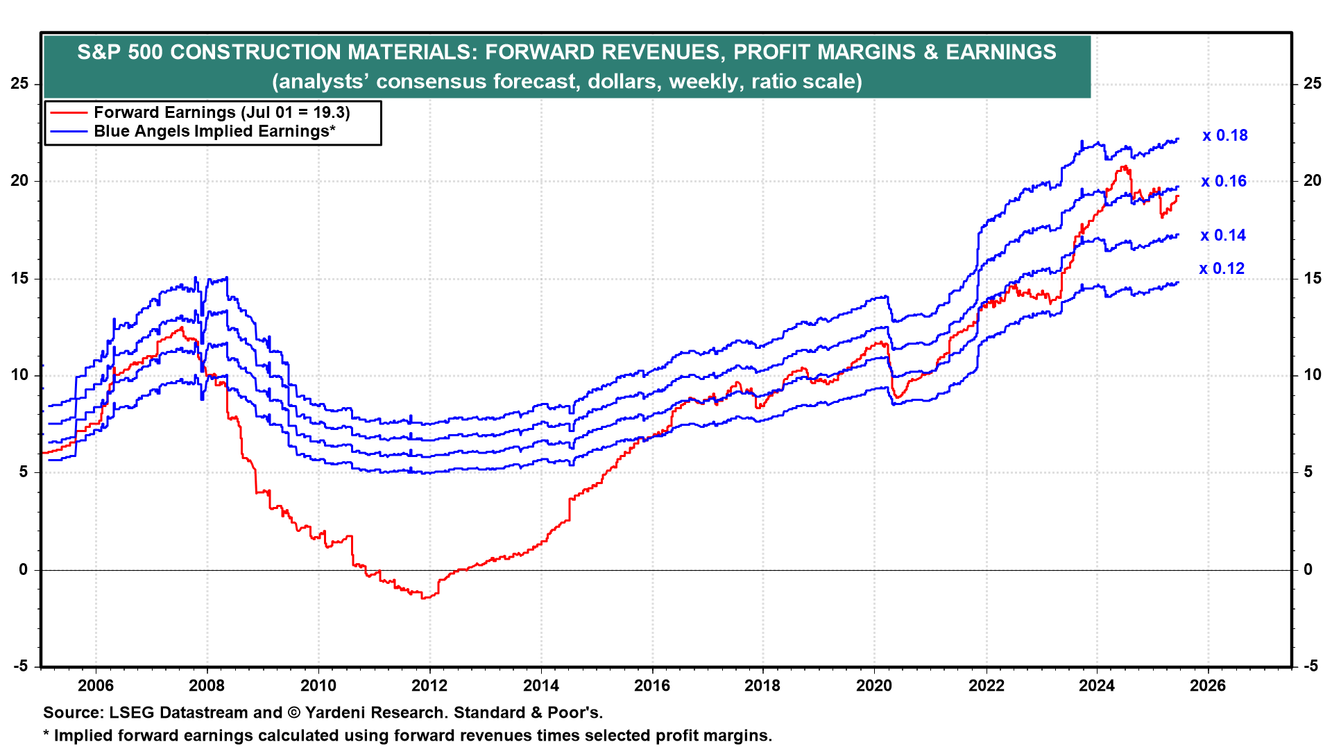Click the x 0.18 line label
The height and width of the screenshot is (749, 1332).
[1224, 136]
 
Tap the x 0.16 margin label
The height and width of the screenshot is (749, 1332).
[1224, 182]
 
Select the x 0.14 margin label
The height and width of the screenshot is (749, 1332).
[1223, 236]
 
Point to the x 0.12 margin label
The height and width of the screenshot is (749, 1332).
[1222, 269]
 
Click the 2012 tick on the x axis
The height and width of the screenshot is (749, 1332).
[429, 686]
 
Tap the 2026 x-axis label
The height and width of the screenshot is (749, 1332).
[1208, 686]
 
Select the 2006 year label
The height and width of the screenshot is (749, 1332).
[95, 686]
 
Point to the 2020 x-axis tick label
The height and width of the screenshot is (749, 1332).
[873, 686]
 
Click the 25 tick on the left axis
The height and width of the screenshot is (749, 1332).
[19, 84]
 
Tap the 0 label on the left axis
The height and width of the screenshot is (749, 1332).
[24, 570]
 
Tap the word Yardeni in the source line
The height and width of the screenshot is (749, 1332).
[338, 713]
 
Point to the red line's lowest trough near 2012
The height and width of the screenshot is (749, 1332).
[425, 598]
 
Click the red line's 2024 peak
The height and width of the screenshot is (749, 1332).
[1122, 167]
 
